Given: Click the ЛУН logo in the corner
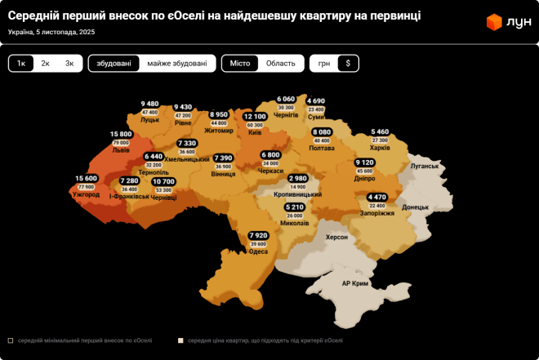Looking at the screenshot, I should pos(506,22).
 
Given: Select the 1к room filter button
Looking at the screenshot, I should pos(21,64).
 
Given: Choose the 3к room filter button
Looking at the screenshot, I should pos(69,64).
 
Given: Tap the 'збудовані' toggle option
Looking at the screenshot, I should pos(114,64).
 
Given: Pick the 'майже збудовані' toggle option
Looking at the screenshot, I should pos(177,64).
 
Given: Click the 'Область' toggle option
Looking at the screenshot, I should pos(281,64).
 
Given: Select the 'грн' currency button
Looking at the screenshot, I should pos(324,64).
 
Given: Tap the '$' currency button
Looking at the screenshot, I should pos(348,64).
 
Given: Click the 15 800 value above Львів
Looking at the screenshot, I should pos(121,134).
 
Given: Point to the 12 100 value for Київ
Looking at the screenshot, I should pos(255,117).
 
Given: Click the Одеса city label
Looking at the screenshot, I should pos(258,251).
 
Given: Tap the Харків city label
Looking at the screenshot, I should pos(381,148).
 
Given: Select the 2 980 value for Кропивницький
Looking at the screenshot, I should pos(298,178).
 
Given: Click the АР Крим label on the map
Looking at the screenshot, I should pos(355,283).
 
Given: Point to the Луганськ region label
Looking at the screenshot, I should pos(425,166).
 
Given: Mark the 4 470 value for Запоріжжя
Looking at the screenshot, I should pos(377,197).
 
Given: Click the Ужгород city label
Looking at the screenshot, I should pos(86,195).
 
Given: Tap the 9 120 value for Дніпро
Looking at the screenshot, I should pos(365,162).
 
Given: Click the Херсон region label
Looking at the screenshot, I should pos(336,237).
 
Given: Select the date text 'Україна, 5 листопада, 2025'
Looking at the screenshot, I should pos(51,32).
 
